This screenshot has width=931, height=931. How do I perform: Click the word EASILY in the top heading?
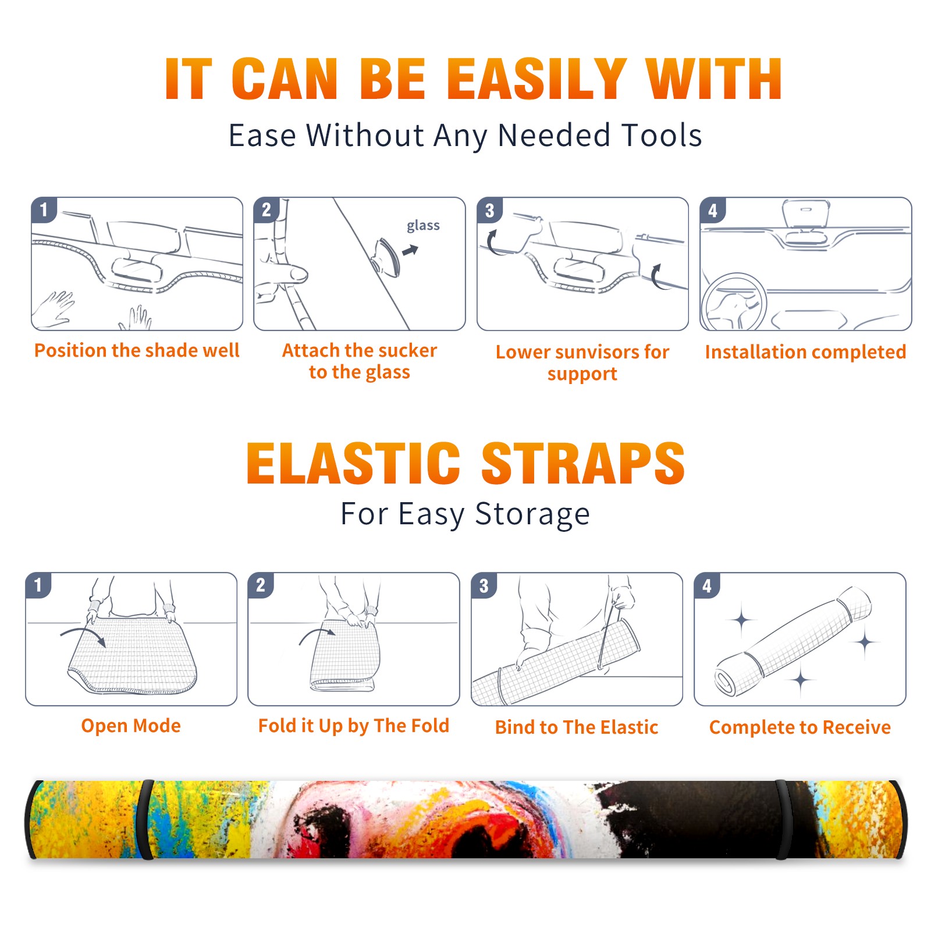click(536, 79)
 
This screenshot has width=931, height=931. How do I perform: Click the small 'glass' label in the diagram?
click(423, 226)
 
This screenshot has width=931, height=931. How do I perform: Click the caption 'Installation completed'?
click(805, 351)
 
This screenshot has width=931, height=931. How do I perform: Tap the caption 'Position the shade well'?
click(137, 350)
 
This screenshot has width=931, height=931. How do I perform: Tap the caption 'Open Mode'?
click(131, 726)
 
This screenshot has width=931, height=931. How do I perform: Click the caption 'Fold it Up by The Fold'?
click(354, 726)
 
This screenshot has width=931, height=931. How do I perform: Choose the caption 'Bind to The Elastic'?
click(577, 727)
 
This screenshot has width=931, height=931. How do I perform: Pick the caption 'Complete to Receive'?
click(800, 727)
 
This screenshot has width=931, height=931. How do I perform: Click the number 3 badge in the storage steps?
click(484, 585)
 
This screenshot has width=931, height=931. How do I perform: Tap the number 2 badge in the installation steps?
click(266, 210)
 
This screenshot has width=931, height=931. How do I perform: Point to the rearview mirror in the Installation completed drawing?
click(805, 213)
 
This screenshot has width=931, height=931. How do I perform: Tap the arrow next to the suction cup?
click(410, 250)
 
